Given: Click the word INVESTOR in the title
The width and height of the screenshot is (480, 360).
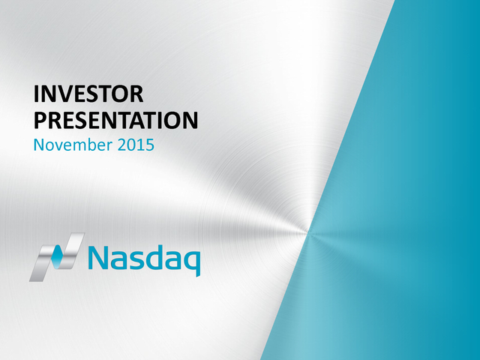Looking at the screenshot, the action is [88, 94].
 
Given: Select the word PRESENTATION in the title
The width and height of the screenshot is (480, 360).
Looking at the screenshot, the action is [115, 120].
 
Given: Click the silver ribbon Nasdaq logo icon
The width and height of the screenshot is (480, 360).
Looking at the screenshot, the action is [57, 257].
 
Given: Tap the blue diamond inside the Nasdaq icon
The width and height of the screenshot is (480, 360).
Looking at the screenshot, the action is [57, 256].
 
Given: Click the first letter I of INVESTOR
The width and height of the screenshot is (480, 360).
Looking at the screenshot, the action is [37, 94].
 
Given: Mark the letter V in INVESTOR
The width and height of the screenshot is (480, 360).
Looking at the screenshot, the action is [66, 94].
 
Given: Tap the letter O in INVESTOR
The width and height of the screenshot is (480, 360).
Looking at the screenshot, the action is [119, 94].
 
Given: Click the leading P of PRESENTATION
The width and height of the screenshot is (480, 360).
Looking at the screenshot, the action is [40, 120].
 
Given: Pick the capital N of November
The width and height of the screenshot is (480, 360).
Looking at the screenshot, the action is [39, 145].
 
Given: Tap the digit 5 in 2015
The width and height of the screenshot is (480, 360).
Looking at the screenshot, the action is [150, 145].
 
